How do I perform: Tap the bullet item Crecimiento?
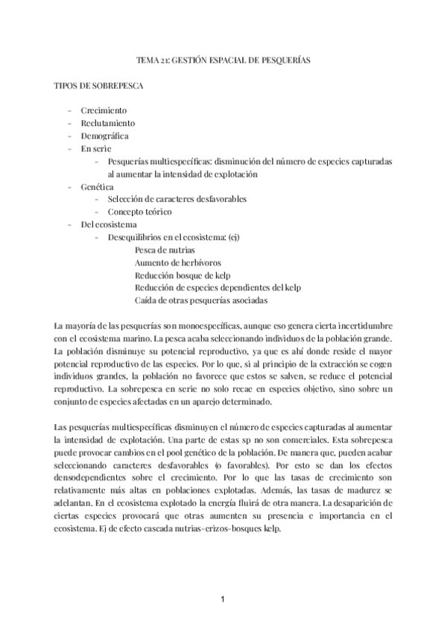coord(104,110)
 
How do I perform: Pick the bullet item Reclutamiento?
coord(108,123)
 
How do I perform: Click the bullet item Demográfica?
coord(105,136)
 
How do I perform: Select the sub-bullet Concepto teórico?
coord(140,212)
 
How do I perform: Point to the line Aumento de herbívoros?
coord(177,262)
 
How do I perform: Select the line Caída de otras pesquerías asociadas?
coord(201,300)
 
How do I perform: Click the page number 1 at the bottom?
coord(223,598)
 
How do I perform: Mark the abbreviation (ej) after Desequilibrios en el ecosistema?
coord(233,237)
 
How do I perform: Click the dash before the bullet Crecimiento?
coord(69,110)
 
